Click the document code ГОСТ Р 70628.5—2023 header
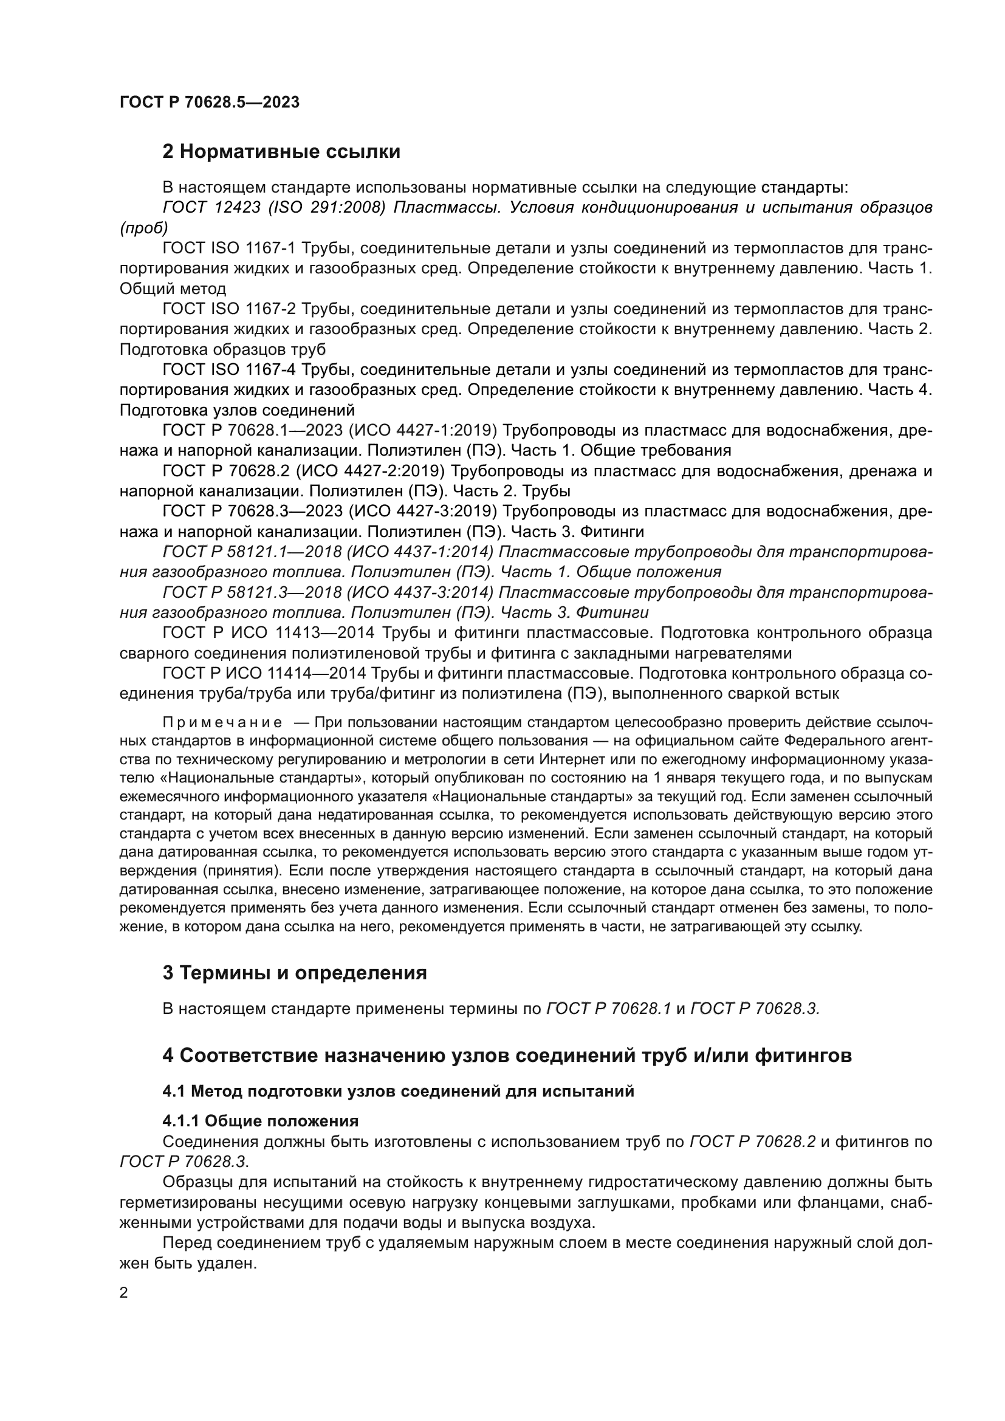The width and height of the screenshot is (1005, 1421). pyautogui.click(x=209, y=102)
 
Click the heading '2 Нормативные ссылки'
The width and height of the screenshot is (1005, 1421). pyautogui.click(x=281, y=152)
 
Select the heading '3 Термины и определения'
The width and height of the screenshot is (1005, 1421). pyautogui.click(x=295, y=973)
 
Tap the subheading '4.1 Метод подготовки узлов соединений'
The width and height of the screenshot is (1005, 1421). pyautogui.click(x=399, y=1091)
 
